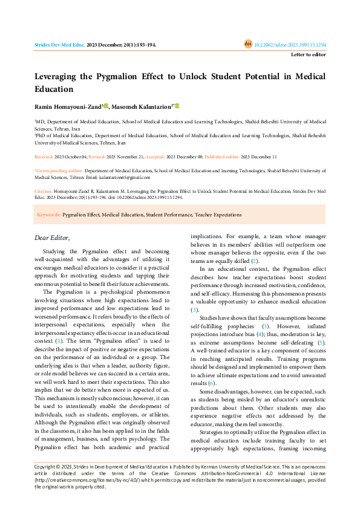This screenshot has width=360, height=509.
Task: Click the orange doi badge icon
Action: coord(247,44)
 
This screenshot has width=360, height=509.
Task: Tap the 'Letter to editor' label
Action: coord(308,54)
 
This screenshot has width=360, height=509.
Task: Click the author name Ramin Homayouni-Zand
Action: coord(68,106)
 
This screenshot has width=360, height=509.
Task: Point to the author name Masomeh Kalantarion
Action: coord(141,106)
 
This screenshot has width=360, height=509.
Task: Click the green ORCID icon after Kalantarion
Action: coord(177,106)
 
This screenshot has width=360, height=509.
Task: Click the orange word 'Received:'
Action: coord(44,156)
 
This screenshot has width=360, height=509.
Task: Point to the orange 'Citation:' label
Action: coord(44,190)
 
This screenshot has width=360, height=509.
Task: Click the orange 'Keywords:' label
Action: coord(48,215)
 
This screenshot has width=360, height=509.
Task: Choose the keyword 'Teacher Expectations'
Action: coord(218,215)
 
